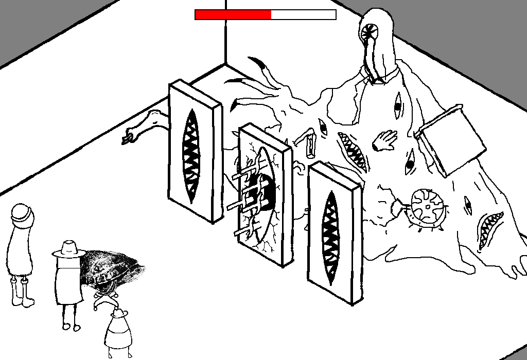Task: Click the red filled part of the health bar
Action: click(233, 15)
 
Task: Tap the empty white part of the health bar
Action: click(303, 15)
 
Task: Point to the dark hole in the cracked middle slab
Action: click(265, 190)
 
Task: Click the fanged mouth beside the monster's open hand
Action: click(353, 150)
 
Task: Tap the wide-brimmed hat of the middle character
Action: click(68, 249)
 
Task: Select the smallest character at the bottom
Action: click(119, 332)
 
